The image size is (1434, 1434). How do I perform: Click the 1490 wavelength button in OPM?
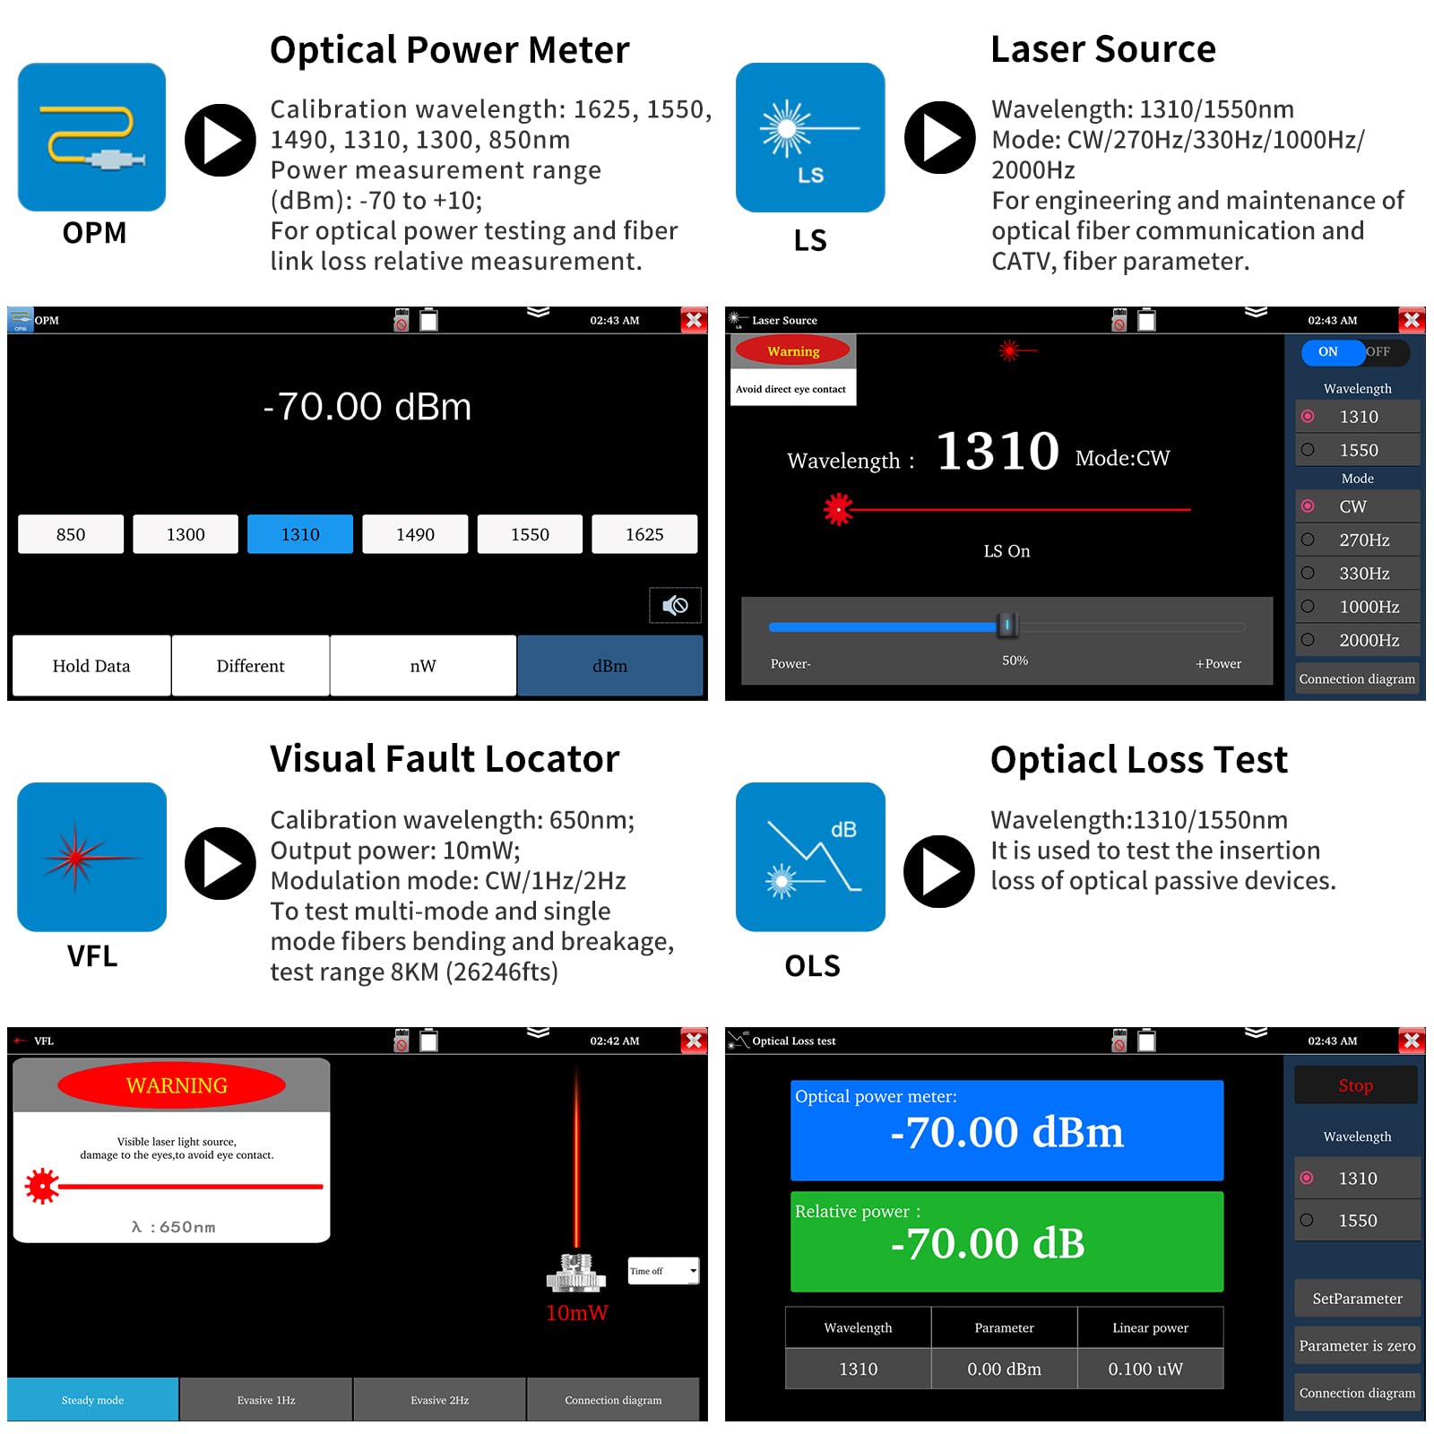coord(415,534)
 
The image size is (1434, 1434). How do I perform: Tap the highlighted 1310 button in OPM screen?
coord(300,534)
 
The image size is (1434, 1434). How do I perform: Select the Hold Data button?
coord(91,666)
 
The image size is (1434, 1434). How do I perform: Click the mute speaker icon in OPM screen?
coord(675,606)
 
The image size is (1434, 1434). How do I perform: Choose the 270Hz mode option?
coord(1358,540)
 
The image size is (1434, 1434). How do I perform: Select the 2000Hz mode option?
coord(1358,640)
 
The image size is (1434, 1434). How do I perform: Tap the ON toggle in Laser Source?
coord(1329,352)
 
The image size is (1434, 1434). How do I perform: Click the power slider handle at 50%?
coord(1007,625)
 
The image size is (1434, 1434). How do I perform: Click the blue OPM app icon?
coord(92,137)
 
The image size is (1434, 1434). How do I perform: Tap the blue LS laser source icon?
coord(810,137)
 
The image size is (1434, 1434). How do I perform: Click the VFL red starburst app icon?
coord(92,857)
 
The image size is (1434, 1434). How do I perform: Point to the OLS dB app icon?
coord(810,857)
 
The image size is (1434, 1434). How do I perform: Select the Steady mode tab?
coord(93,1400)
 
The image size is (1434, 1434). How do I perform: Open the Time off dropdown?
coord(663,1271)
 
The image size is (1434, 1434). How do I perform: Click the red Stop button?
coord(1356,1085)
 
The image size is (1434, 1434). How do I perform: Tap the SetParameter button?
coord(1357,1299)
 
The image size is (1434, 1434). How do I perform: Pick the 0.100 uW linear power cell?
coord(1150,1369)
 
